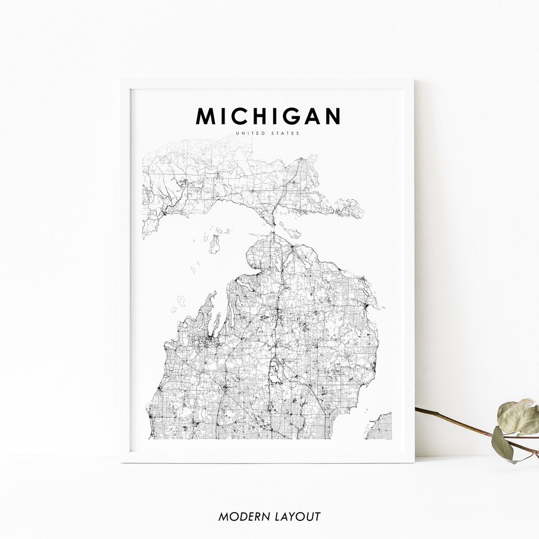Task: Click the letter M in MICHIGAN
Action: [206, 116]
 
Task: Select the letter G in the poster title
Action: [288, 116]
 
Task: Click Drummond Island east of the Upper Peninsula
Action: [350, 208]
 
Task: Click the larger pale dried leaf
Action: [518, 417]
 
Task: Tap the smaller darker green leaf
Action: [502, 444]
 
